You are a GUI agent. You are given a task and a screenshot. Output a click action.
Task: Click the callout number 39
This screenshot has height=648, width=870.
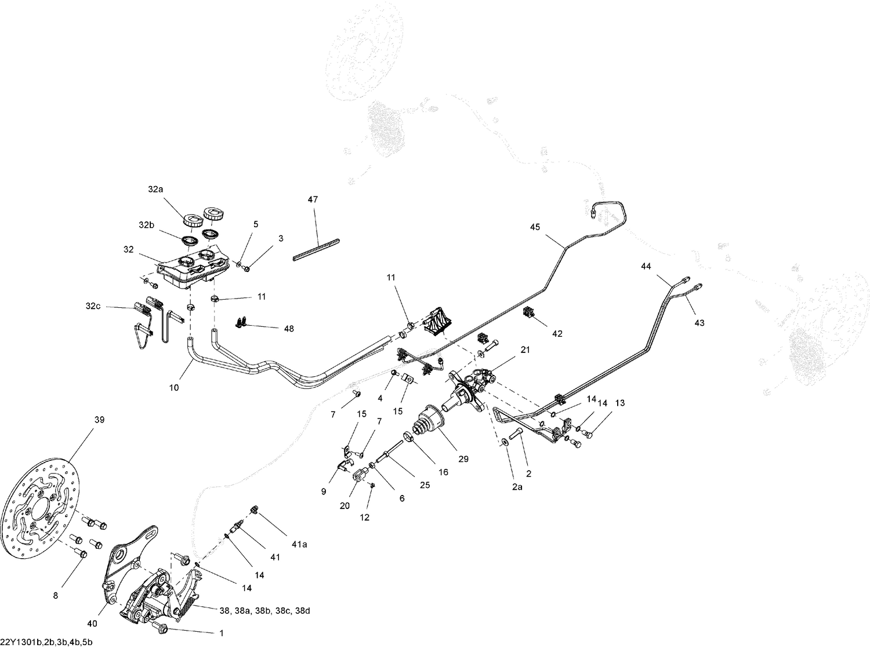pos(99,420)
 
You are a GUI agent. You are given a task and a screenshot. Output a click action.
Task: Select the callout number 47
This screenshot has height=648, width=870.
pos(313,199)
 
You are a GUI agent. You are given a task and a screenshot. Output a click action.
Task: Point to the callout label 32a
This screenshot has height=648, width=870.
pos(155,189)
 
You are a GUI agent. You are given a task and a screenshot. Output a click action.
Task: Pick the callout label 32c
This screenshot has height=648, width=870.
pos(92,306)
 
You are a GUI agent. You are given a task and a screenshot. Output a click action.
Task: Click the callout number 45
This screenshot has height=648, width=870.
pos(534,227)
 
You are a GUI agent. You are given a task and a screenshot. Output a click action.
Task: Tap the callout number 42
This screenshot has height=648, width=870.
pos(557,334)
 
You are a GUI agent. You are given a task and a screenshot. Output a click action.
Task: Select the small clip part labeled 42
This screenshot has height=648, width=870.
pos(528,313)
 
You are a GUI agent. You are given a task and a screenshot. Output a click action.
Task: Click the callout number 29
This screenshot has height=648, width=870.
pos(463,459)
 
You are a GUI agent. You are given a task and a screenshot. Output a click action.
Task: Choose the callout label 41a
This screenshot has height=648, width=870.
pos(299,544)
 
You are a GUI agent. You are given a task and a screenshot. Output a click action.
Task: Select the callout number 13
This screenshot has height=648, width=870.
pos(620,403)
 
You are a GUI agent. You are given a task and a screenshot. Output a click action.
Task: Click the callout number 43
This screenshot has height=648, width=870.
pos(699,322)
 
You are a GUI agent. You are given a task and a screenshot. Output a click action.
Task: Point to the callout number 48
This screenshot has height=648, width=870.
pos(288,329)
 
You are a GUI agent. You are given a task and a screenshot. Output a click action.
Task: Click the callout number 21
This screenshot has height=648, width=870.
pos(525,350)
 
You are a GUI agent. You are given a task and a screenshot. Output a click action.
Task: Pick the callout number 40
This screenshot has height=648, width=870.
pos(92,624)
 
